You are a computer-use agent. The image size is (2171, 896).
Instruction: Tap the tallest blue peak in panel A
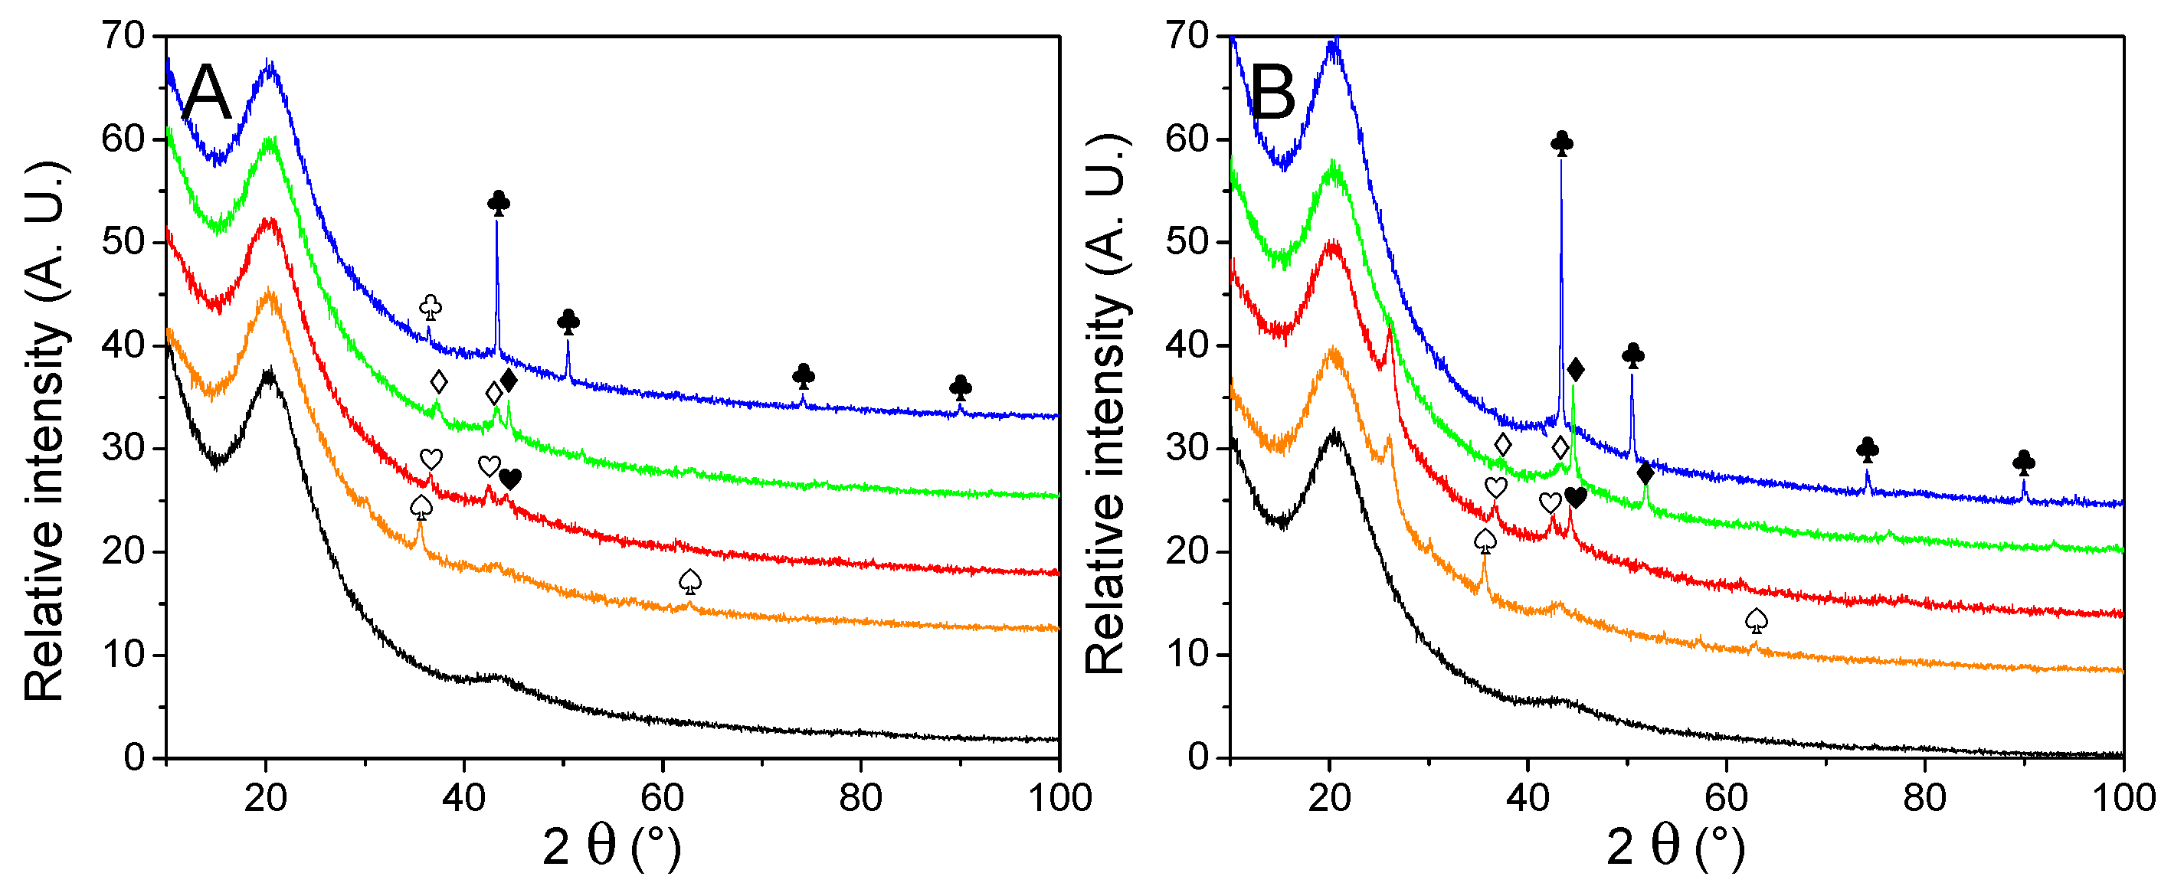click(496, 224)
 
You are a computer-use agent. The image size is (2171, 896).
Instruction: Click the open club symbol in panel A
click(431, 307)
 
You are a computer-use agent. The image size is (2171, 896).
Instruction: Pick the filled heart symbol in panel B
click(1575, 497)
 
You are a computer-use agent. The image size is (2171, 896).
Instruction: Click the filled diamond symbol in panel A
click(508, 380)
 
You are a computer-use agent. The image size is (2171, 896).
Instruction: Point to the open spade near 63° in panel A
click(690, 580)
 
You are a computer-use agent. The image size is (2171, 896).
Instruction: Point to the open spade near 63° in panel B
click(1757, 621)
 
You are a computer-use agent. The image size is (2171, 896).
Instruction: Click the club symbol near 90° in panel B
click(2023, 463)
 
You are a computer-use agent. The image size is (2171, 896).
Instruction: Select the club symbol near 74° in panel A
click(803, 376)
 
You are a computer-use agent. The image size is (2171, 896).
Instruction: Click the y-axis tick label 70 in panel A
click(123, 36)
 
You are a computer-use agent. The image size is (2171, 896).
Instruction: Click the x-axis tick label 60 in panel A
click(663, 797)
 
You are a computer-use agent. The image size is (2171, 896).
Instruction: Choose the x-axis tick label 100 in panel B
click(2124, 797)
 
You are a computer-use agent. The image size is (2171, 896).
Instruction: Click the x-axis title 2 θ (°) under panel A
click(612, 847)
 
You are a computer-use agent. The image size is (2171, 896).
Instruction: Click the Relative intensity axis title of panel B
click(1105, 404)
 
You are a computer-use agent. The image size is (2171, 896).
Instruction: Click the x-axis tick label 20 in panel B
click(1329, 797)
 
